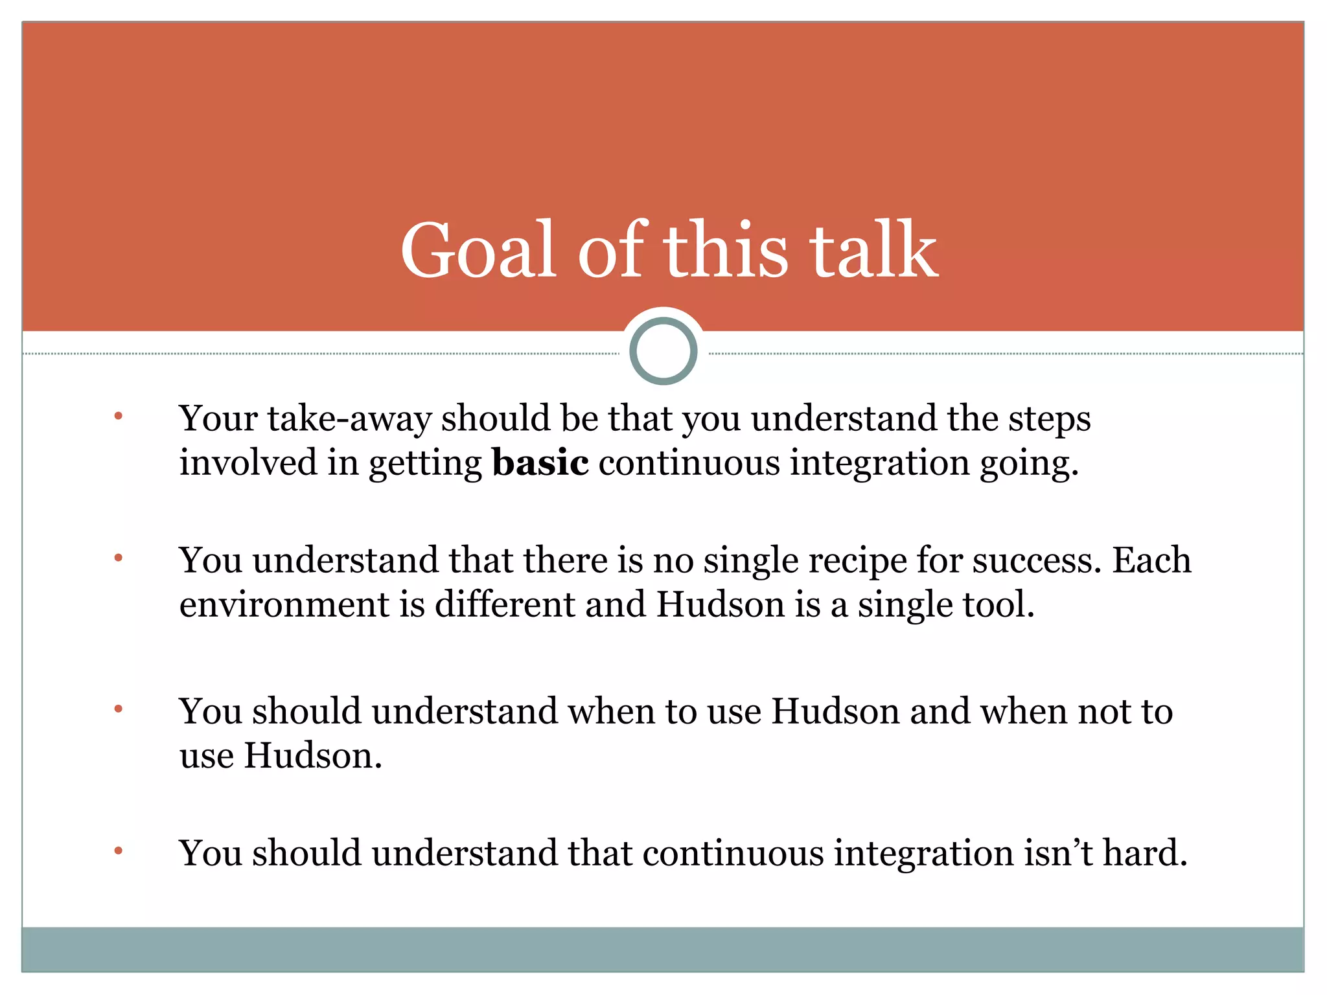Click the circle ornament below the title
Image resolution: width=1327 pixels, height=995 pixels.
(x=663, y=350)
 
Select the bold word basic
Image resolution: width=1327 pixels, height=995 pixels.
(x=540, y=463)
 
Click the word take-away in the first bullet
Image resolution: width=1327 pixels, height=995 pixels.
(x=349, y=418)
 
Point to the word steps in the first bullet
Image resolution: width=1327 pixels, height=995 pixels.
(x=1049, y=418)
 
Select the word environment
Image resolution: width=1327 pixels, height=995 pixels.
(x=284, y=604)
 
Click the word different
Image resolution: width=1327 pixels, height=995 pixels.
(x=505, y=604)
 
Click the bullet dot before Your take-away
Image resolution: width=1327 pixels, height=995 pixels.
(x=118, y=416)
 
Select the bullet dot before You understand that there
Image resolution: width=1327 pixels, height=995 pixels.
(x=118, y=557)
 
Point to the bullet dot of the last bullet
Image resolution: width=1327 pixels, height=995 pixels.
(x=118, y=850)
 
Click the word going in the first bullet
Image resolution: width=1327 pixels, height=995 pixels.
(x=1028, y=464)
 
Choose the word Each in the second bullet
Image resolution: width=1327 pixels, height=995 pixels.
(x=1151, y=560)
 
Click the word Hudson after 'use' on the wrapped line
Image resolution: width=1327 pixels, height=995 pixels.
(x=312, y=756)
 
